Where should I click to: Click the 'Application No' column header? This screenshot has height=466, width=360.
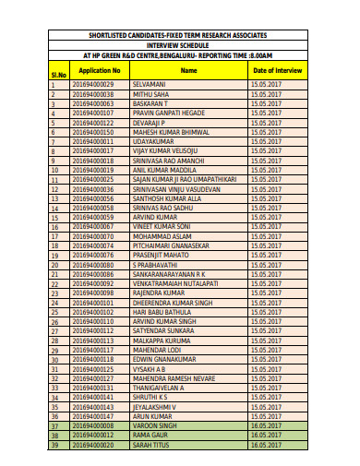click(99, 70)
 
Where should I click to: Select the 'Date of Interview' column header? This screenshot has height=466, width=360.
click(276, 70)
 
